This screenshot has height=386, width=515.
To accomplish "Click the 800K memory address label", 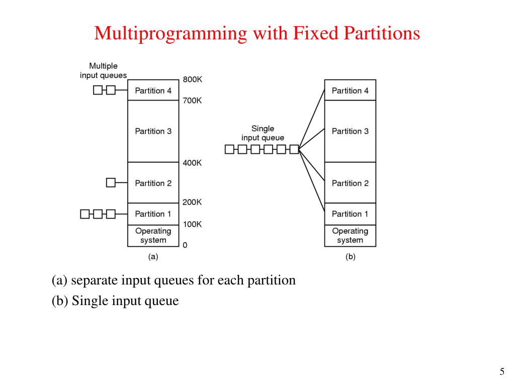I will (x=192, y=79).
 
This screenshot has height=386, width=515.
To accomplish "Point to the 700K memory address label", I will (x=192, y=101).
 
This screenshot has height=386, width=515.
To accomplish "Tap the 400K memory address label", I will (x=192, y=163).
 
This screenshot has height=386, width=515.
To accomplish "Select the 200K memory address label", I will (x=192, y=202).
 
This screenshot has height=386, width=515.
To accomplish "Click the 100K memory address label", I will (x=192, y=224).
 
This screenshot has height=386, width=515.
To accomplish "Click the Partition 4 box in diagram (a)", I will (x=153, y=90).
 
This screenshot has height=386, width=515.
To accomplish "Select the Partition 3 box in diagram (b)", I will (x=350, y=131).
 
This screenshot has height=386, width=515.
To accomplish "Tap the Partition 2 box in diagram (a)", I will (x=153, y=183).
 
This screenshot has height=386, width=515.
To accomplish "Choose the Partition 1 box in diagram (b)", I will (x=350, y=214).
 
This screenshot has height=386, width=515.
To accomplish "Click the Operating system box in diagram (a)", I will (x=153, y=236).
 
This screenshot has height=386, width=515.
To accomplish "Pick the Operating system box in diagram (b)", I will (x=350, y=236).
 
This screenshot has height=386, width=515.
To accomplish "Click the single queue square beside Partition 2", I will (x=111, y=183).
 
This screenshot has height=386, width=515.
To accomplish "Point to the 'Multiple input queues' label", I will (x=103, y=70).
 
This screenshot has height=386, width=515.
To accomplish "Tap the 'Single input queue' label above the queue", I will (x=263, y=133).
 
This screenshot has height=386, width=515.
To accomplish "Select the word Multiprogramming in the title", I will (x=170, y=34).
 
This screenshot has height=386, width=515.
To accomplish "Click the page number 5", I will (x=501, y=372).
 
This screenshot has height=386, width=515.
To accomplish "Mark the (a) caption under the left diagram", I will (x=153, y=256).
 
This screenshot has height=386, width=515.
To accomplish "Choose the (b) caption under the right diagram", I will (x=350, y=256).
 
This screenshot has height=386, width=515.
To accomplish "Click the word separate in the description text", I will (x=90, y=280).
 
